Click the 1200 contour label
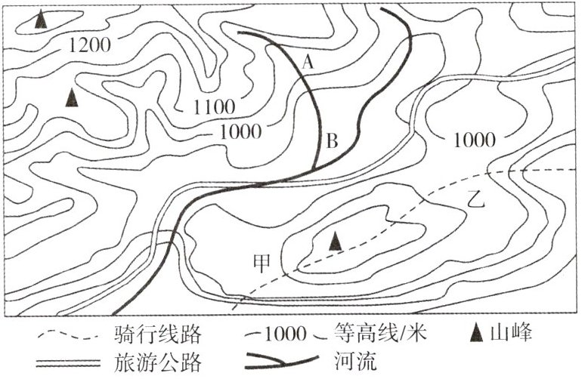[89, 45]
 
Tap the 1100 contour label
[213, 107]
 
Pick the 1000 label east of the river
[475, 140]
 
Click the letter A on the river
[307, 63]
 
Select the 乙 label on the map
[475, 199]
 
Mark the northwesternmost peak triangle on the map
[42, 20]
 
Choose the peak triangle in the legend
[475, 333]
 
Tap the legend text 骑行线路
[160, 334]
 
